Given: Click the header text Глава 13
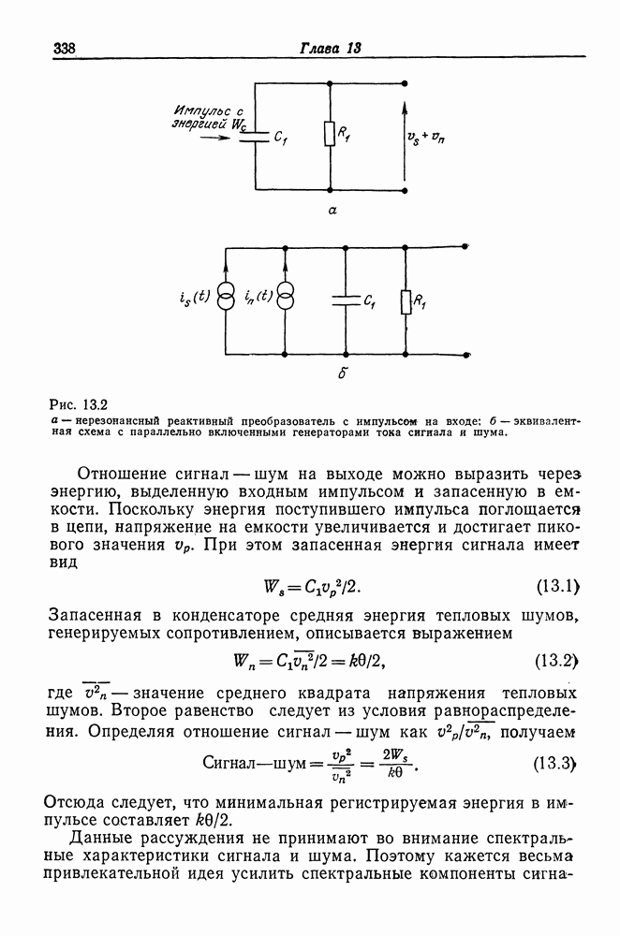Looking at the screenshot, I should (x=331, y=49).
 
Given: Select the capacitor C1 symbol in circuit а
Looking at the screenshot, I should (x=256, y=137).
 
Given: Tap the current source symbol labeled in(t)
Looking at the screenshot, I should (x=285, y=300).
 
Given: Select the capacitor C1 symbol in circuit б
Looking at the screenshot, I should (x=347, y=300).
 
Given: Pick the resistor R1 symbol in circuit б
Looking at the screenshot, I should (x=406, y=300).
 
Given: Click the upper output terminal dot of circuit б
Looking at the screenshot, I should (x=467, y=247).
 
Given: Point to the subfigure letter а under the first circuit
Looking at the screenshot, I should (x=332, y=212).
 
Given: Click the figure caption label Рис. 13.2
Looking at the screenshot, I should (x=79, y=405).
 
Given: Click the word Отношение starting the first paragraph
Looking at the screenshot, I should (x=127, y=471).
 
